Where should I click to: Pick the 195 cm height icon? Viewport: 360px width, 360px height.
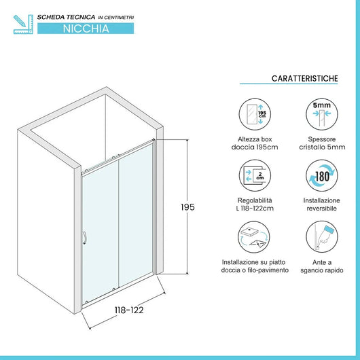(255, 114)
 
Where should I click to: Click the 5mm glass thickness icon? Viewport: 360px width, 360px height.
(321, 114)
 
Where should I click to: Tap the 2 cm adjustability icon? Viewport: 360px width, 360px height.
(255, 177)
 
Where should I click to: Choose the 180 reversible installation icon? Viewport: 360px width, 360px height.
(321, 177)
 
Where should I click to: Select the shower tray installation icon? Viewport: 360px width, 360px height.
(255, 239)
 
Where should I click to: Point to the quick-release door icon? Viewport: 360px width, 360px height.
(321, 239)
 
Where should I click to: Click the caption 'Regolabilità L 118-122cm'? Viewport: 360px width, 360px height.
(255, 205)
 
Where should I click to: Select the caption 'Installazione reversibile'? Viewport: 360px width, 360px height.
(321, 205)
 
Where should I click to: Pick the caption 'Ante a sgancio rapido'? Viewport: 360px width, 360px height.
(321, 266)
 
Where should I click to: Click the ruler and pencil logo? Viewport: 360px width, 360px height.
(22, 22)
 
